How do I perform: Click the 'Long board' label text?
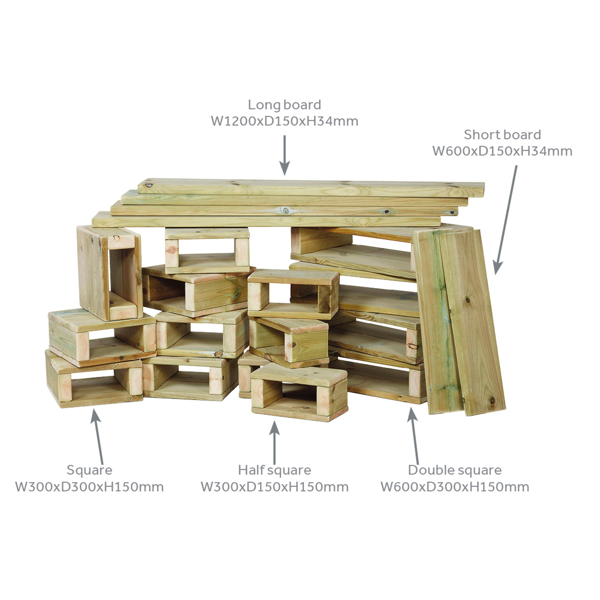tap(285, 105)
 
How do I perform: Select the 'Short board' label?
tap(502, 135)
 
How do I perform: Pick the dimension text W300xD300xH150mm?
tap(89, 487)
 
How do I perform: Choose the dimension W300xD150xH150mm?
tap(275, 487)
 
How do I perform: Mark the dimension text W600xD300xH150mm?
tap(455, 487)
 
